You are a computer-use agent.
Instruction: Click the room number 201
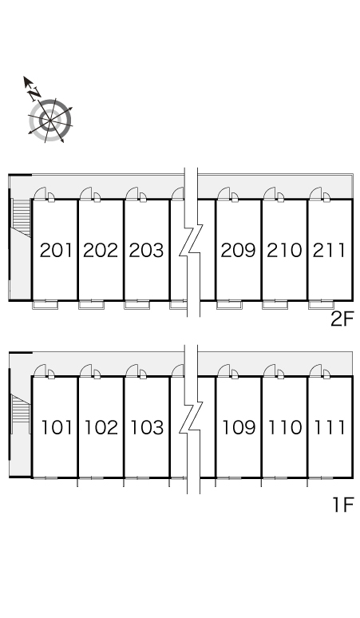57,250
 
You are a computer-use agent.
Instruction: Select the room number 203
146,250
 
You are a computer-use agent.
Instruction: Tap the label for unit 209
239,250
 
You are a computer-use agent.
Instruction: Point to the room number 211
330,250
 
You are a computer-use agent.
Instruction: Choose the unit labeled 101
57,428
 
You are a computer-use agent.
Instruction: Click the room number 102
101,428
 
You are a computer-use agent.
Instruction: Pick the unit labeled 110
285,428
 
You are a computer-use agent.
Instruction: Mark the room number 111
330,428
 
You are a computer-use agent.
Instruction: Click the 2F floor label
342,319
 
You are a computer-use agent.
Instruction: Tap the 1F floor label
343,505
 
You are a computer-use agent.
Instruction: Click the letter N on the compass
34,93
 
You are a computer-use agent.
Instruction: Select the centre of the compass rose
50,121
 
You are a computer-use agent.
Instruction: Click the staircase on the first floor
21,414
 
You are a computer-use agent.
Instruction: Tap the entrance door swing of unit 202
86,193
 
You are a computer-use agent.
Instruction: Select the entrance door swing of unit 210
270,193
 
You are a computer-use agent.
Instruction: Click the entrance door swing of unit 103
132,370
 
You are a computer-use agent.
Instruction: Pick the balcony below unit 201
45,305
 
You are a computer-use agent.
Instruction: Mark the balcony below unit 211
321,305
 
